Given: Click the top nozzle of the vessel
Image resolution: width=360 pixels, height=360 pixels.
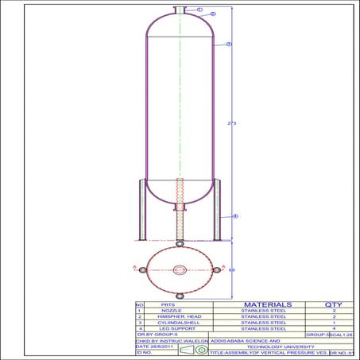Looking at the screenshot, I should click(180, 10).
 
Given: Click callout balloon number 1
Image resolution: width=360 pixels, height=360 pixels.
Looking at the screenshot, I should click(199, 10).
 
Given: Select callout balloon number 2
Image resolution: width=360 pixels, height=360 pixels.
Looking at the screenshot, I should click(213, 14).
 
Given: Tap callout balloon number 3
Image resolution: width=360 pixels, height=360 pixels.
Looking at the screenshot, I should click(229, 44).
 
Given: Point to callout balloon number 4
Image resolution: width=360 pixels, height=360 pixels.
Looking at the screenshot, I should click(235, 216).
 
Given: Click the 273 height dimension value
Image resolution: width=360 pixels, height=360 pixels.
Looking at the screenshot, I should click(231, 124).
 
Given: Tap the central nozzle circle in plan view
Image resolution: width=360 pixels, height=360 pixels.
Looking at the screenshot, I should click(180, 269).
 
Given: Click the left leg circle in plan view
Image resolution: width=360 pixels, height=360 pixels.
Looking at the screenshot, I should click(142, 270).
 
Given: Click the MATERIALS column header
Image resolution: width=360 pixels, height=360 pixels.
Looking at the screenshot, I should click(261, 304).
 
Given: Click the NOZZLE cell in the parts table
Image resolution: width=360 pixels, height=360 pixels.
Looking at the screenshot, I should click(168, 310).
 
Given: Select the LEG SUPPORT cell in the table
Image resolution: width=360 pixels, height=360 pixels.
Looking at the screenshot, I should click(168, 328).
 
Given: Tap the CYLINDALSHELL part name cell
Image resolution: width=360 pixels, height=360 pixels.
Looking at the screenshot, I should click(168, 322).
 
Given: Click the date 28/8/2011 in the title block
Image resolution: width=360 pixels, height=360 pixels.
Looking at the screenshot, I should click(154, 346).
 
